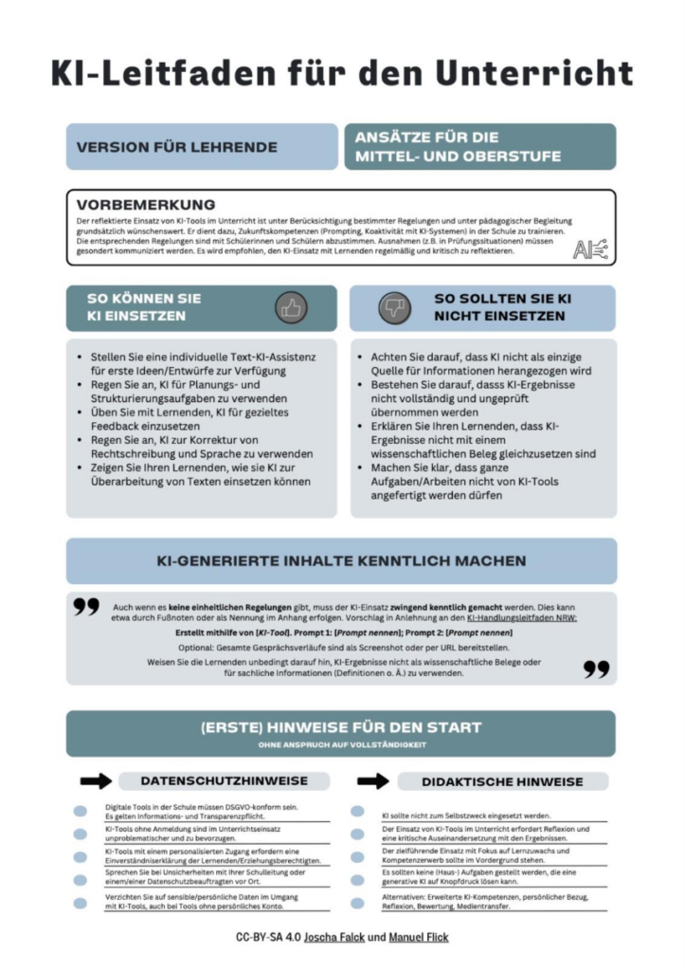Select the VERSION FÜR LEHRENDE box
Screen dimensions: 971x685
[201, 147]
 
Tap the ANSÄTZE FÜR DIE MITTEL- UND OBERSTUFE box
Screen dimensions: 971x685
[479, 147]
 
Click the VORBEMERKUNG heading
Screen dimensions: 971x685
[146, 204]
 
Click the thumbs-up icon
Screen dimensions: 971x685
[291, 307]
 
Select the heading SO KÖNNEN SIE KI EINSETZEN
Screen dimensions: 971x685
[156, 307]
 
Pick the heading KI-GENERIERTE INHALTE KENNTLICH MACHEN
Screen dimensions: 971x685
[341, 561]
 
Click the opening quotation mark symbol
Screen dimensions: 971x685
[86, 608]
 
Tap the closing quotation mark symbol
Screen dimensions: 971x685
[596, 669]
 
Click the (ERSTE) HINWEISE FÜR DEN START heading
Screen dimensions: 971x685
[341, 727]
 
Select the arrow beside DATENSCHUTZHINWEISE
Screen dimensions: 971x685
[96, 780]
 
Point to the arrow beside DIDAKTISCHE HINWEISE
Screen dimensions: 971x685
[373, 780]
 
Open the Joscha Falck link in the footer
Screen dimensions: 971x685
[338, 937]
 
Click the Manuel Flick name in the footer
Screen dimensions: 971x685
[419, 937]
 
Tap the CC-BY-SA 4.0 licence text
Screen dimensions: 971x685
[270, 937]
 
